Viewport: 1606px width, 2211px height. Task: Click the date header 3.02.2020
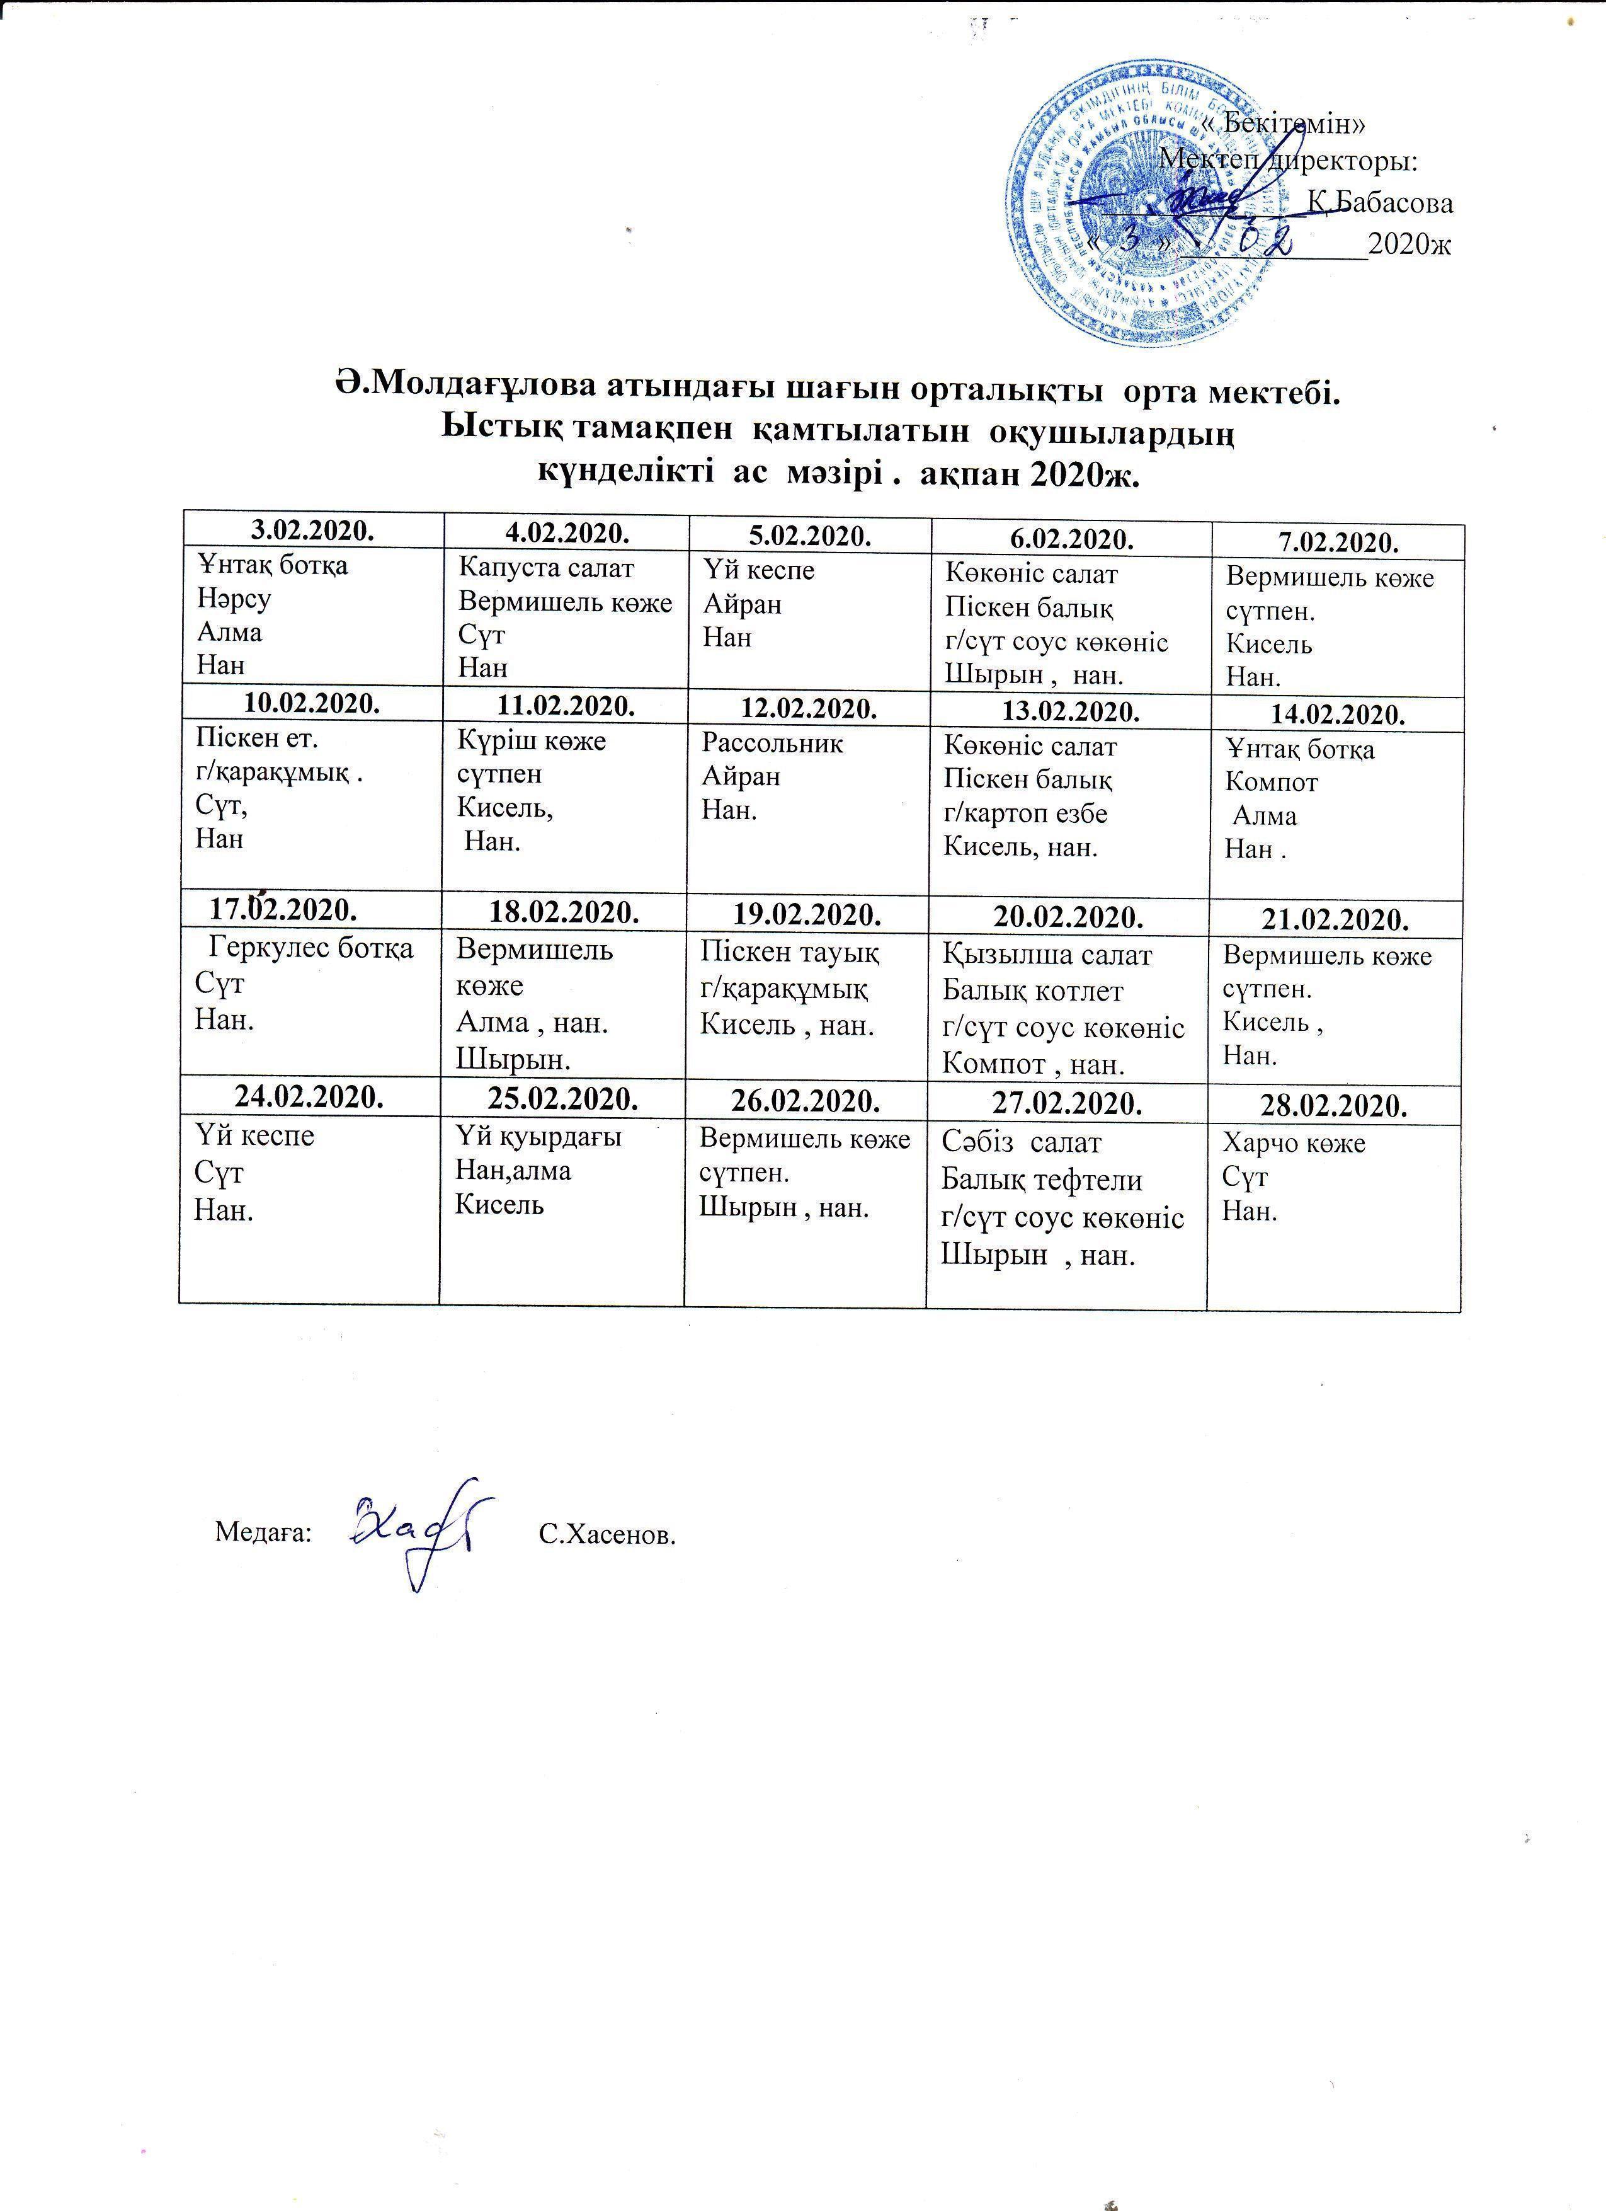(x=310, y=529)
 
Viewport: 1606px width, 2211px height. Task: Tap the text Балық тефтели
(x=1042, y=1180)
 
